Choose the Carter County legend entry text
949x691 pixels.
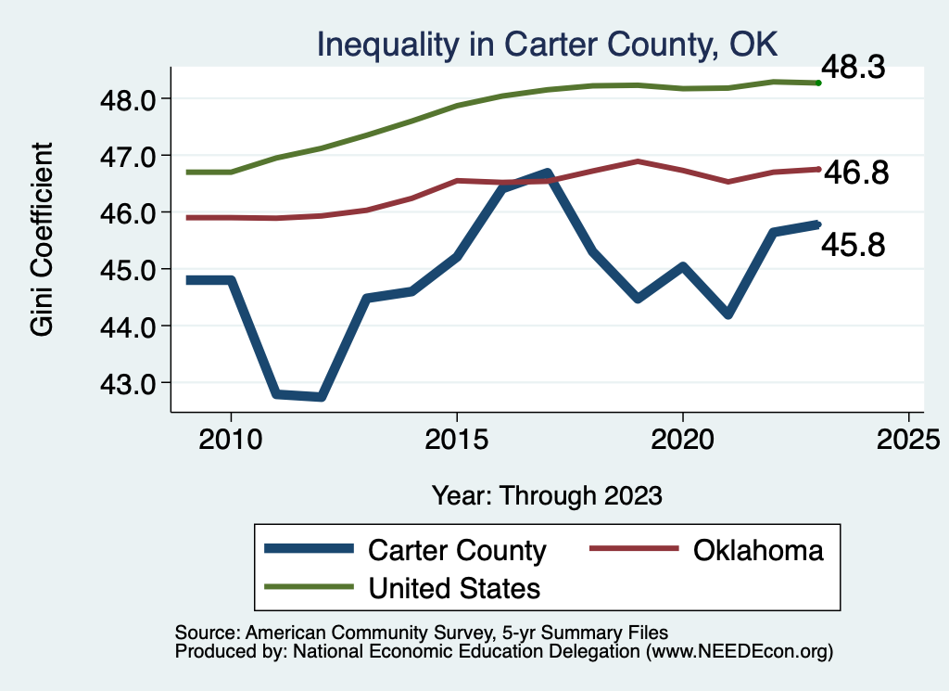pos(457,550)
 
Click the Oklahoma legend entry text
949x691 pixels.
pos(757,550)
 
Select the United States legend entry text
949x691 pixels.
pos(454,588)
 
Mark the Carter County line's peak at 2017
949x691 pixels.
pos(547,173)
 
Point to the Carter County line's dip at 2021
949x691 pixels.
pos(728,314)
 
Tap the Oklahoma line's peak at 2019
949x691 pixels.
pos(638,161)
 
